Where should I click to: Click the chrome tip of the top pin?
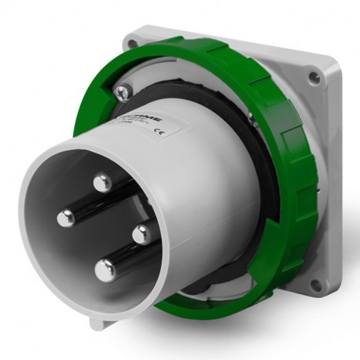click(x=101, y=184)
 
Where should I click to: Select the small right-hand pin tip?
click(x=141, y=233)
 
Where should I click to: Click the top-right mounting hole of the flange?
click(x=313, y=77)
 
